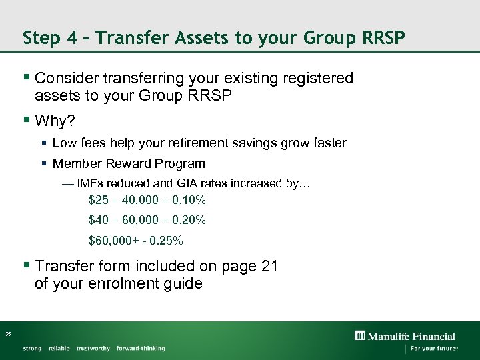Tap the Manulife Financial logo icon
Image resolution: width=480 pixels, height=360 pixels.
coord(360,336)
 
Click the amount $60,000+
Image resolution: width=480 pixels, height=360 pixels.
coord(113,240)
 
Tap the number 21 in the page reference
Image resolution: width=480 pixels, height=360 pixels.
coord(269,266)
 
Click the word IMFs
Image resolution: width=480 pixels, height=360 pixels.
coord(91,183)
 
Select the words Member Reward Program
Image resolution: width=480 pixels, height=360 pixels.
coord(129,163)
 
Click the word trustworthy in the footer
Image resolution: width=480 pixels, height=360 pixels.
coord(93,349)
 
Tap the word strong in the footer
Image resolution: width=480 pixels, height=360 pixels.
coord(32,349)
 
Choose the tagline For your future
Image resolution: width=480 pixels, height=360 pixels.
coord(433,349)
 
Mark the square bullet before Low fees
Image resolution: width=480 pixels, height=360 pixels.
coord(43,143)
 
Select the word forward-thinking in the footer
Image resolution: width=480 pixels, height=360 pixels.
coord(141,349)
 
